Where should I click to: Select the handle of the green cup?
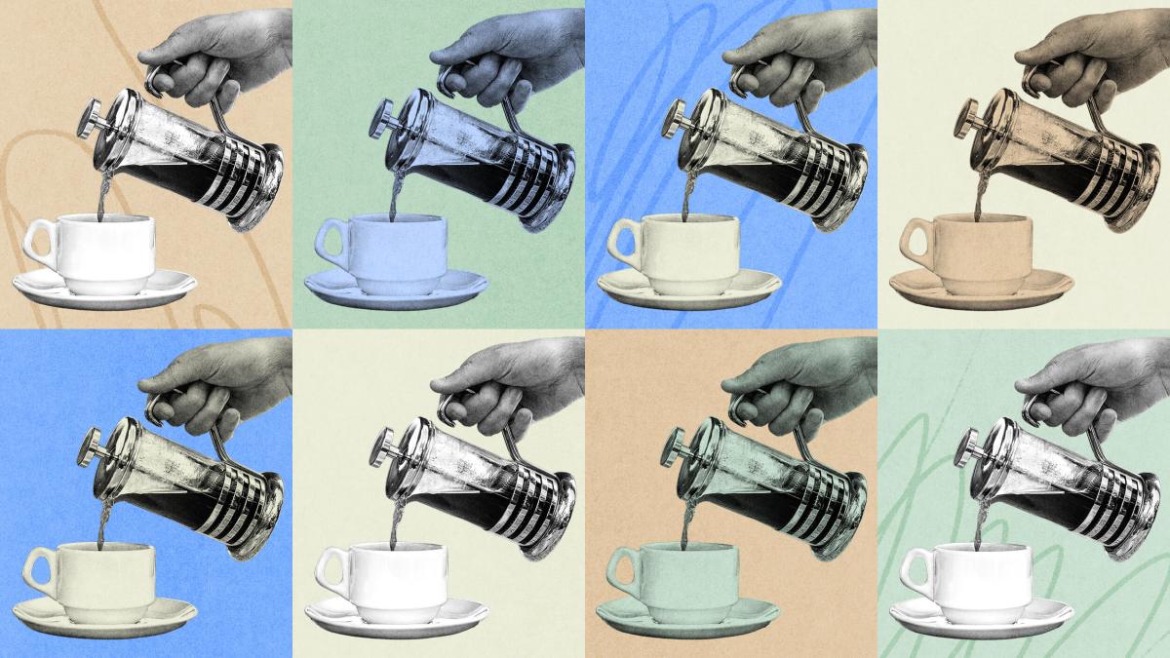618,569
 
